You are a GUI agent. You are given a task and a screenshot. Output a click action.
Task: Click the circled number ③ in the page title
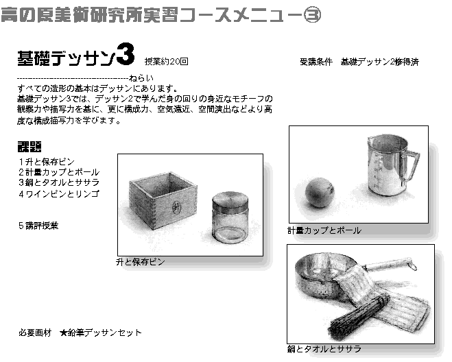(x=312, y=15)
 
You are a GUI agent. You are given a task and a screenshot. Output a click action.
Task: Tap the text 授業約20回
(x=167, y=62)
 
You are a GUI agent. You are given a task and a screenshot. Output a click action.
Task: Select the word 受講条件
(x=316, y=62)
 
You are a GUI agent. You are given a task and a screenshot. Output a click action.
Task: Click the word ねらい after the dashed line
(x=141, y=78)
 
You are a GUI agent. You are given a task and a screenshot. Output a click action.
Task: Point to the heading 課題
(x=29, y=147)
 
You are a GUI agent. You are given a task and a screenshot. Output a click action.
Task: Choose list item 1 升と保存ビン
(x=47, y=162)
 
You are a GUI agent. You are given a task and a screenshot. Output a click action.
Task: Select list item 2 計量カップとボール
(x=59, y=172)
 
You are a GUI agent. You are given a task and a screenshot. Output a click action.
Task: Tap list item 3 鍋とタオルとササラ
(x=59, y=182)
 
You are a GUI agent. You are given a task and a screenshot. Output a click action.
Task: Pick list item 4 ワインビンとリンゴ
(x=59, y=193)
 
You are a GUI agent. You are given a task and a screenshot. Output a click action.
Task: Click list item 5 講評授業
(x=38, y=226)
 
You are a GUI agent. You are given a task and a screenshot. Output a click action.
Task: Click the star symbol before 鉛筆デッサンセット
(x=63, y=333)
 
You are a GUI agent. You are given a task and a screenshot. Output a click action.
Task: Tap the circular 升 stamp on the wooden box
(x=176, y=207)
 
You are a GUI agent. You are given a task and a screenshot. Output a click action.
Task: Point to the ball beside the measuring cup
(x=320, y=193)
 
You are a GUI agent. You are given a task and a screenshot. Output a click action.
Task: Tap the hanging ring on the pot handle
(x=413, y=267)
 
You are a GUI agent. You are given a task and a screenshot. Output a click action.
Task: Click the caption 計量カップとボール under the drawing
(x=324, y=230)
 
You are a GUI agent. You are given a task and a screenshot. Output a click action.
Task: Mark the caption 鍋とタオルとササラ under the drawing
(x=324, y=349)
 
